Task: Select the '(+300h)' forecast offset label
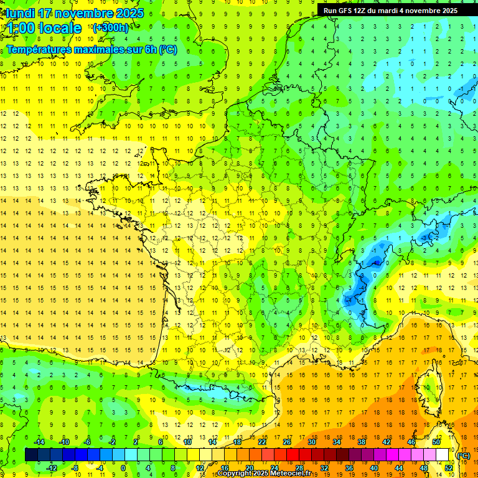coord(111,27)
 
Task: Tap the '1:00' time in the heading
coord(19,28)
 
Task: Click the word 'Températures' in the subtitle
coord(39,49)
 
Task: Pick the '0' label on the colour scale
coord(123,468)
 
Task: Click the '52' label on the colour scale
coord(449,468)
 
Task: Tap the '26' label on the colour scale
coord(287,442)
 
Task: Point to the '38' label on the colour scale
coord(362,442)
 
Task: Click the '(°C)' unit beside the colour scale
coord(464,456)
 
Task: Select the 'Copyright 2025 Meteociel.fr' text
coord(264,474)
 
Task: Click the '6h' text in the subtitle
coord(149,49)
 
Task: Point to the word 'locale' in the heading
coord(59,28)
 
